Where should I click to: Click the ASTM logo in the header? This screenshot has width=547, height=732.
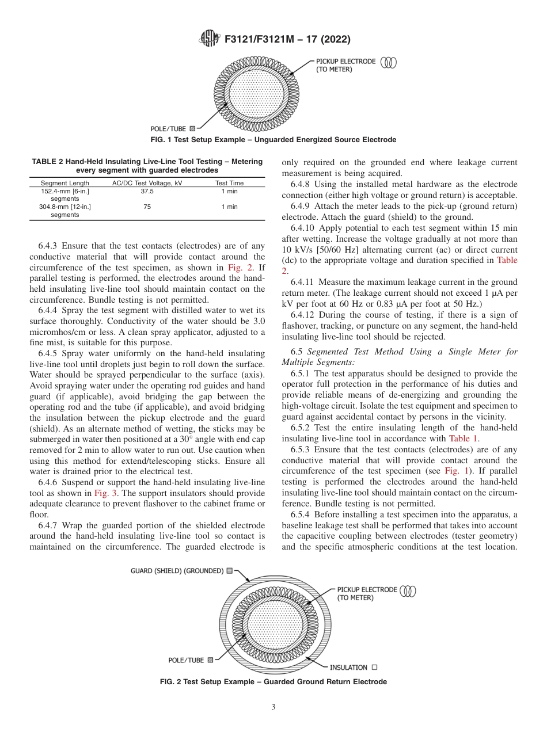pos(209,39)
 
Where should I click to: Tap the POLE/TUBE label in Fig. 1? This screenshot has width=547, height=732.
pos(168,129)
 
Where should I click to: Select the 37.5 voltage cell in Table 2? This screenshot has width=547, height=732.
pos(147,191)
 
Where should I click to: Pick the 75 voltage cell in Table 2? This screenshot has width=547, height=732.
pos(147,207)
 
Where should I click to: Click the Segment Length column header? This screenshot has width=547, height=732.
pos(64,183)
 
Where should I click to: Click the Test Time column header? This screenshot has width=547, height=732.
pos(229,183)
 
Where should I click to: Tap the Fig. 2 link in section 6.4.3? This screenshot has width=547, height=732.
pos(237,267)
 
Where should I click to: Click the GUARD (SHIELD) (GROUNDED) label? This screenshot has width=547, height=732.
pos(177,571)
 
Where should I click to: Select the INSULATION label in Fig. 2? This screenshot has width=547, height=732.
pos(348,668)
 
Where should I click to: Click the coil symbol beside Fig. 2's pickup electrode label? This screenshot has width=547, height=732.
pos(408,590)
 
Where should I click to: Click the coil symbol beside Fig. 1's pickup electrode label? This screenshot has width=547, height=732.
pos(390,62)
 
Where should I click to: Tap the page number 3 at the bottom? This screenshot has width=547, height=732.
pos(273,707)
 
